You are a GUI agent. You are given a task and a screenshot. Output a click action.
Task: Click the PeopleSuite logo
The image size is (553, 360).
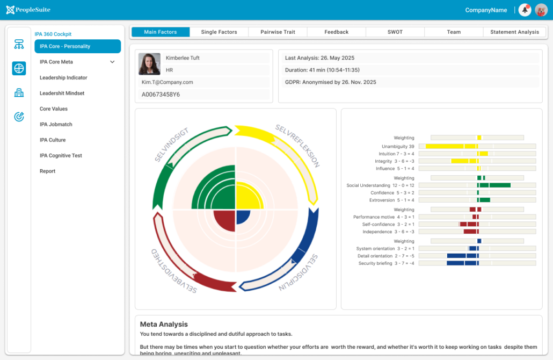28,10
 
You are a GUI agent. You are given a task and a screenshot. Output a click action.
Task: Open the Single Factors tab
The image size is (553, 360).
219,32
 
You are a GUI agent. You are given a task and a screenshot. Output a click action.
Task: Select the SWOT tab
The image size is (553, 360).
395,32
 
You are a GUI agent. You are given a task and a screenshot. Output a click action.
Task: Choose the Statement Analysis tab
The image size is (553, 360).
514,32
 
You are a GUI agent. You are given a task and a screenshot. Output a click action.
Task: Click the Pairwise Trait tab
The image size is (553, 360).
278,32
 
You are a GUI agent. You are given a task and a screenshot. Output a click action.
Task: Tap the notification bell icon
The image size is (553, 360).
525,10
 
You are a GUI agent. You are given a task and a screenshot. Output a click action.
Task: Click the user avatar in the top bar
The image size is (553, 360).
541,10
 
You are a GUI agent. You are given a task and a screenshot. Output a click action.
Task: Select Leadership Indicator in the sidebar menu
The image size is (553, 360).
63,78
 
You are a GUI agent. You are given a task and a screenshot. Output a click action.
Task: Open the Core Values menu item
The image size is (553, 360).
54,109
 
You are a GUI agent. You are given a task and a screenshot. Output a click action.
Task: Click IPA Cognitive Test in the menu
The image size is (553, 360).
61,156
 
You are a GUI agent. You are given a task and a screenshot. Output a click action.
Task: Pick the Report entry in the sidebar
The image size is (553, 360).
47,171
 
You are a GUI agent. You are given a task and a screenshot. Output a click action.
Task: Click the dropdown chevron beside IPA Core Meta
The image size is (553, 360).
112,62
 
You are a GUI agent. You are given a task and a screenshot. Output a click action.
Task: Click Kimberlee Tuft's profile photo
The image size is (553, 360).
149,64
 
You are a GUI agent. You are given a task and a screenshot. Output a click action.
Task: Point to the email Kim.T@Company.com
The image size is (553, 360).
168,82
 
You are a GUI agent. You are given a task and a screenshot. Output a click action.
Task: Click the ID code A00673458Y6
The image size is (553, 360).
161,95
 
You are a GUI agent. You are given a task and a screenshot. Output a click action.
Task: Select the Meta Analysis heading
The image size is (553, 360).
164,325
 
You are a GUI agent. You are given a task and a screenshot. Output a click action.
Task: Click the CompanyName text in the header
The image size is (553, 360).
486,10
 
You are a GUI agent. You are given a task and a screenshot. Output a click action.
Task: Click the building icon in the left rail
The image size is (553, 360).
19,93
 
